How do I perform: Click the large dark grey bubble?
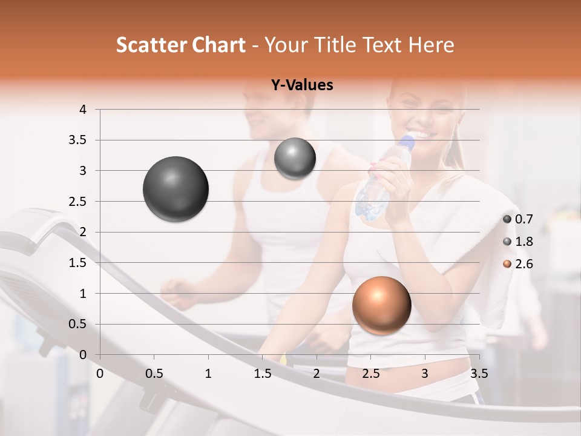pyautogui.click(x=176, y=189)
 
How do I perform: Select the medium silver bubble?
pyautogui.click(x=295, y=158)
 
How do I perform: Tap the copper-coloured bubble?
pyautogui.click(x=381, y=305)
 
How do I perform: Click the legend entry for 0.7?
pyautogui.click(x=517, y=219)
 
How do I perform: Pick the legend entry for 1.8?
pyautogui.click(x=517, y=242)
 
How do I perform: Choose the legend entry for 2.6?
pyautogui.click(x=517, y=264)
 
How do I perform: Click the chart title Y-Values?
pyautogui.click(x=301, y=85)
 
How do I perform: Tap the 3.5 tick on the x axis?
pyautogui.click(x=479, y=374)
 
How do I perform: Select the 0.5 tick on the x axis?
pyautogui.click(x=154, y=374)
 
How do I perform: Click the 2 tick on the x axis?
pyautogui.click(x=317, y=374)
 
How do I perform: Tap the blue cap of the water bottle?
pyautogui.click(x=407, y=142)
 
